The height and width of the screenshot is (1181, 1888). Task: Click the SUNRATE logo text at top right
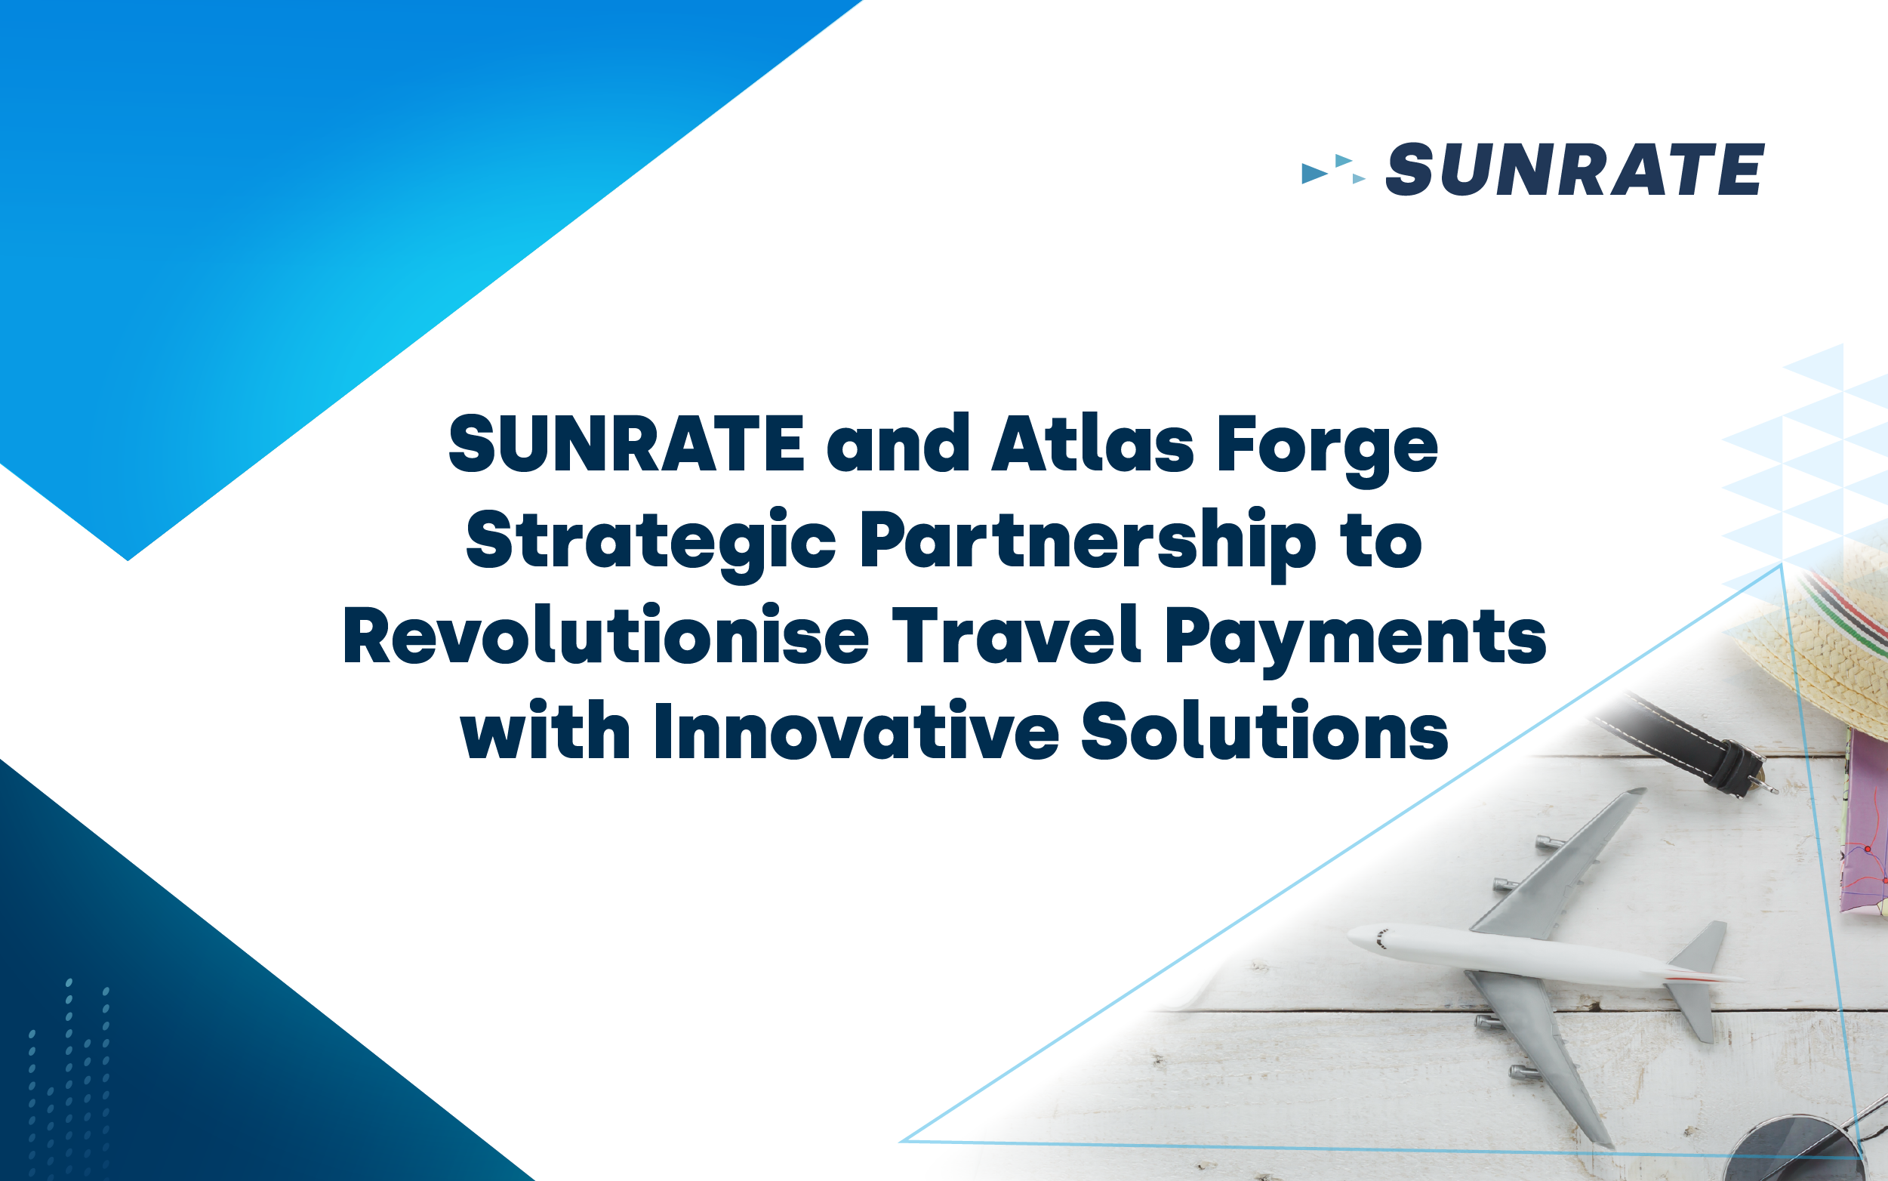coord(1574,168)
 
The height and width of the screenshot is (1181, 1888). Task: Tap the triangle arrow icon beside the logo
coord(1334,169)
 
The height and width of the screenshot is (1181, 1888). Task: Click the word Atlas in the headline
coord(1092,444)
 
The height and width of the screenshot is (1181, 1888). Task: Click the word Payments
coord(1356,642)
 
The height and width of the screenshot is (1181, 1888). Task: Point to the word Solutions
coord(1265,730)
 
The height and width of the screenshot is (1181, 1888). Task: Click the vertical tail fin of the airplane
coord(1702,950)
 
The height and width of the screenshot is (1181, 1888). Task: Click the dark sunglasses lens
coord(1796,1152)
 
